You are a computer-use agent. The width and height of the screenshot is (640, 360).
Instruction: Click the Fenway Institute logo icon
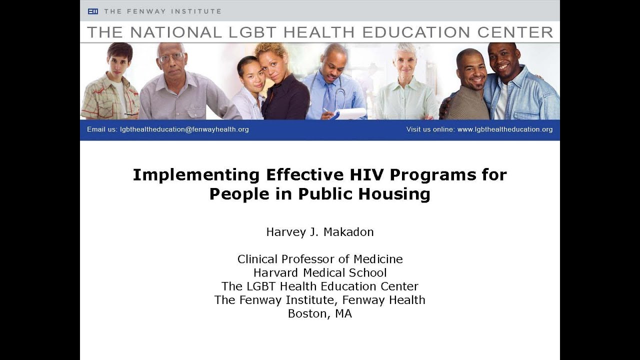[x=93, y=11]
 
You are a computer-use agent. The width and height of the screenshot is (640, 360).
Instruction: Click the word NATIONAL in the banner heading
[x=174, y=32]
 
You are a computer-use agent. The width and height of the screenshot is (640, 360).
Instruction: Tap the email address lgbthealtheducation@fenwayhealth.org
[x=184, y=129]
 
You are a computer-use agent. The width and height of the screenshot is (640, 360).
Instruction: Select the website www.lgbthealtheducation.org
[x=505, y=129]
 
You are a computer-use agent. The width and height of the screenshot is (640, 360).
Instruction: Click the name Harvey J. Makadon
[x=320, y=232]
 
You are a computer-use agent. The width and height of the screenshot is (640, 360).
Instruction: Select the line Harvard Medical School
[x=320, y=273]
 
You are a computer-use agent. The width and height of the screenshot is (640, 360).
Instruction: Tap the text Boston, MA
[x=320, y=314]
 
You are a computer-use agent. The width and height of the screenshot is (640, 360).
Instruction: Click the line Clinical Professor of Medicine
[x=320, y=259]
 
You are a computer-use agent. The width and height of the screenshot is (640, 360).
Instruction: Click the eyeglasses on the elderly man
[x=171, y=57]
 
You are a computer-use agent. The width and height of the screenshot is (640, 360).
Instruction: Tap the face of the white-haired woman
[x=405, y=62]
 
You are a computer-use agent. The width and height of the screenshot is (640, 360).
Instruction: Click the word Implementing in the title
[x=196, y=175]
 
